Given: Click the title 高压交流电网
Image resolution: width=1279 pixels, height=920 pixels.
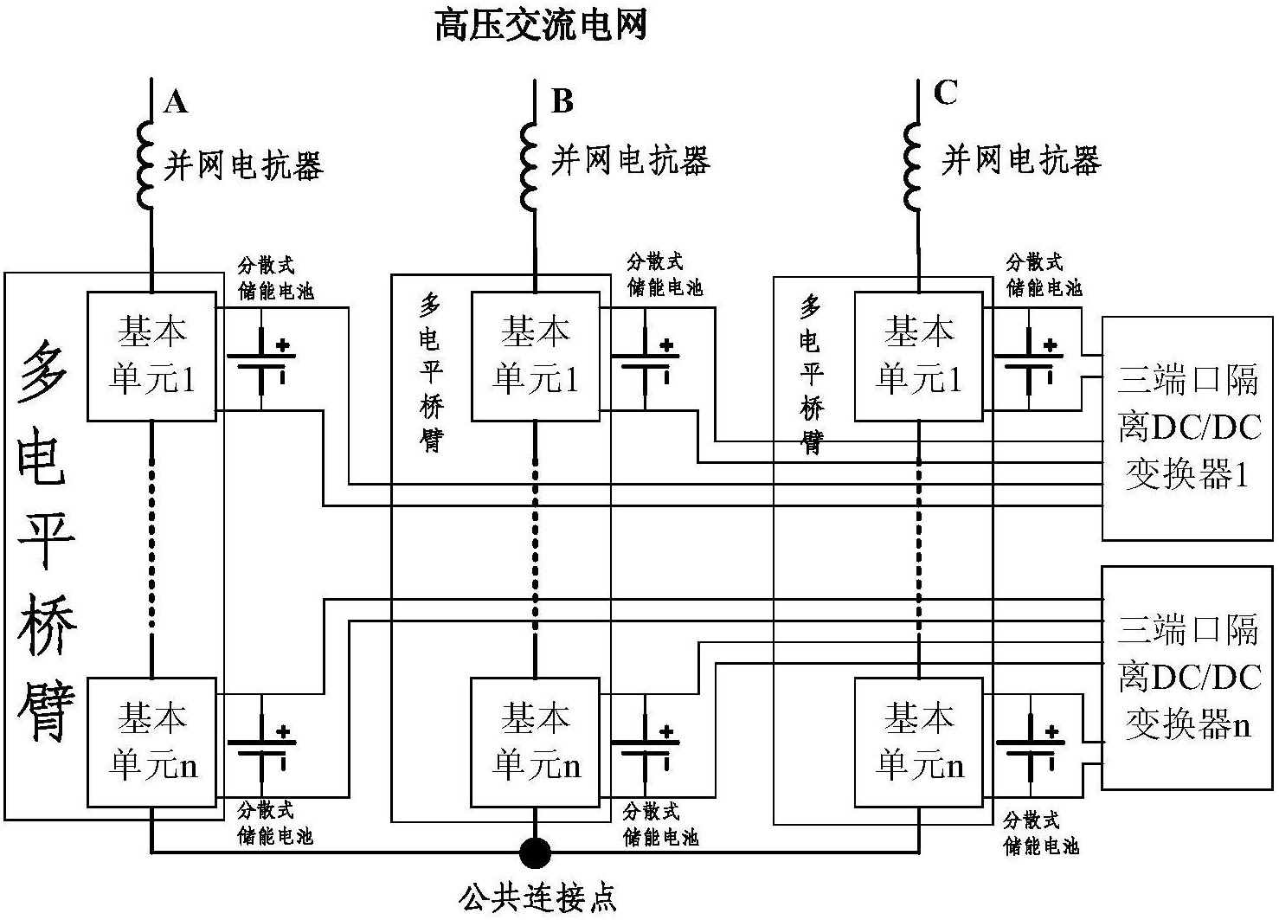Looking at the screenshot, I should [541, 26].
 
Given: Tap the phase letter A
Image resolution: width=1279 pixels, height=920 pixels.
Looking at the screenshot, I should [176, 102].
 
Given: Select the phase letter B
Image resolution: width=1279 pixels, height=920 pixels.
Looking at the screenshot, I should [562, 101].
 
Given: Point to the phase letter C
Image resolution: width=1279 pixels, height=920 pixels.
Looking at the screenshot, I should [946, 92].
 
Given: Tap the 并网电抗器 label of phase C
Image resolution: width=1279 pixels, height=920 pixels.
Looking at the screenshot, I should [1020, 160].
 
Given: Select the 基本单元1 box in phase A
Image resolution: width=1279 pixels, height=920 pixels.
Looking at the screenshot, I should [151, 356].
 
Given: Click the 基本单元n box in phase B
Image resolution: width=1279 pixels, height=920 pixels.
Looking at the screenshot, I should [535, 742].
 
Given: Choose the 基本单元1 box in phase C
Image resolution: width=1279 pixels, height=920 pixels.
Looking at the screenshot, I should [918, 356].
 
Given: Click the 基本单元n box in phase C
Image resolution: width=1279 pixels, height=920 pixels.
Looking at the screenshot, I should [918, 742].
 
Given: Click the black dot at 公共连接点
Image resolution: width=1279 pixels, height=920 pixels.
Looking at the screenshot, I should [535, 852].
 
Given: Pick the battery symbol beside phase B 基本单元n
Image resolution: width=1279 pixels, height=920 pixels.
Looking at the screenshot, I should [645, 747].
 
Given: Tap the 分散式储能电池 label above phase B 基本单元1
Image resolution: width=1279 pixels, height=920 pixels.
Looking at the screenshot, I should [664, 274].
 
